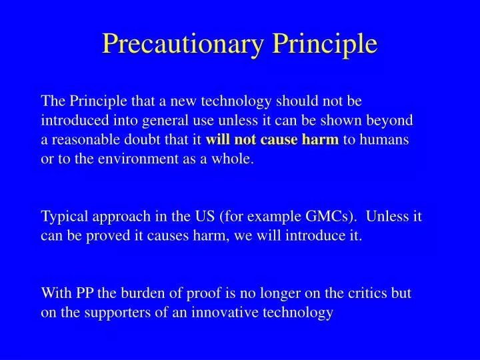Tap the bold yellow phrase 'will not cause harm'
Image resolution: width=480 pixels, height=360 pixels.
(273, 141)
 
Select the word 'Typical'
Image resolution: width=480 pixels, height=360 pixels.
(65, 217)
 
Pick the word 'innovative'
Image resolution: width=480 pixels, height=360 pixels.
(215, 312)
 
